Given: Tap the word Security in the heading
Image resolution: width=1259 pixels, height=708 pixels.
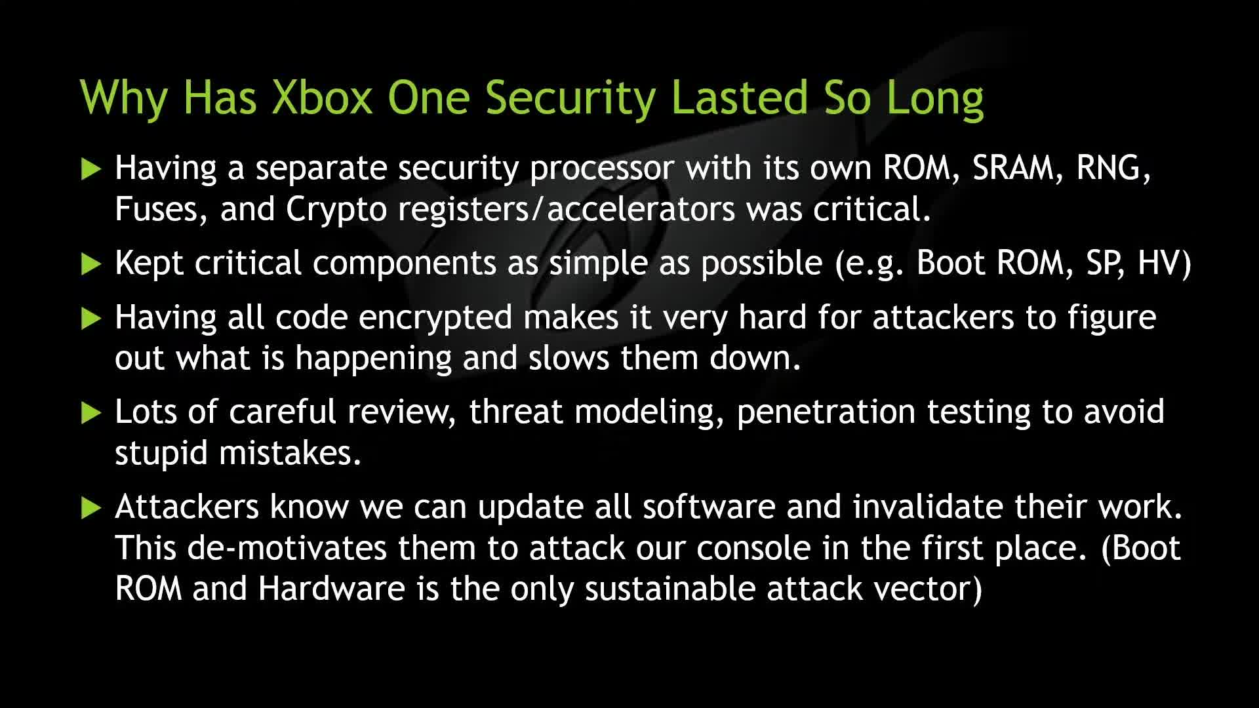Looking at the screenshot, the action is pyautogui.click(x=570, y=98).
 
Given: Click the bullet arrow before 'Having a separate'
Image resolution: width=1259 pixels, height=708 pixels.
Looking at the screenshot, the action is pyautogui.click(x=91, y=168).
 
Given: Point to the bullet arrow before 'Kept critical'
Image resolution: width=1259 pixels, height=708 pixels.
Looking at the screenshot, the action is pyautogui.click(x=91, y=264).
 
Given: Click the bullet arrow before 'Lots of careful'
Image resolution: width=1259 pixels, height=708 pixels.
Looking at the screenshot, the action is pyautogui.click(x=91, y=413).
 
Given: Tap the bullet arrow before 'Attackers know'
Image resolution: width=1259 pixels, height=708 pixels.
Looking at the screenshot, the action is pyautogui.click(x=91, y=508).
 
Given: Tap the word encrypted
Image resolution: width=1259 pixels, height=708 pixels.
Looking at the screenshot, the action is pyautogui.click(x=435, y=319).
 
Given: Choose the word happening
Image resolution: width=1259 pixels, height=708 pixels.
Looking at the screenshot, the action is pyautogui.click(x=374, y=360).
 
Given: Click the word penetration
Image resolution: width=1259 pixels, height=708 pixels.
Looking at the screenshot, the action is pyautogui.click(x=826, y=413).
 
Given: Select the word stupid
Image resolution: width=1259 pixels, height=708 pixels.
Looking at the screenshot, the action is pyautogui.click(x=161, y=454).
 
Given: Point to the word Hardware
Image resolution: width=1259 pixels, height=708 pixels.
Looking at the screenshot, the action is pyautogui.click(x=331, y=589).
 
